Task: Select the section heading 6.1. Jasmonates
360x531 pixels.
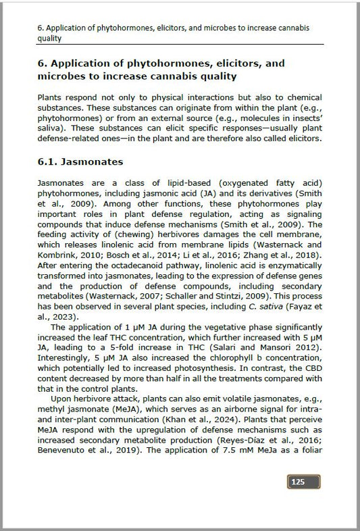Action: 82,163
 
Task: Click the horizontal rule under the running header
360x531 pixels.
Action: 179,45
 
